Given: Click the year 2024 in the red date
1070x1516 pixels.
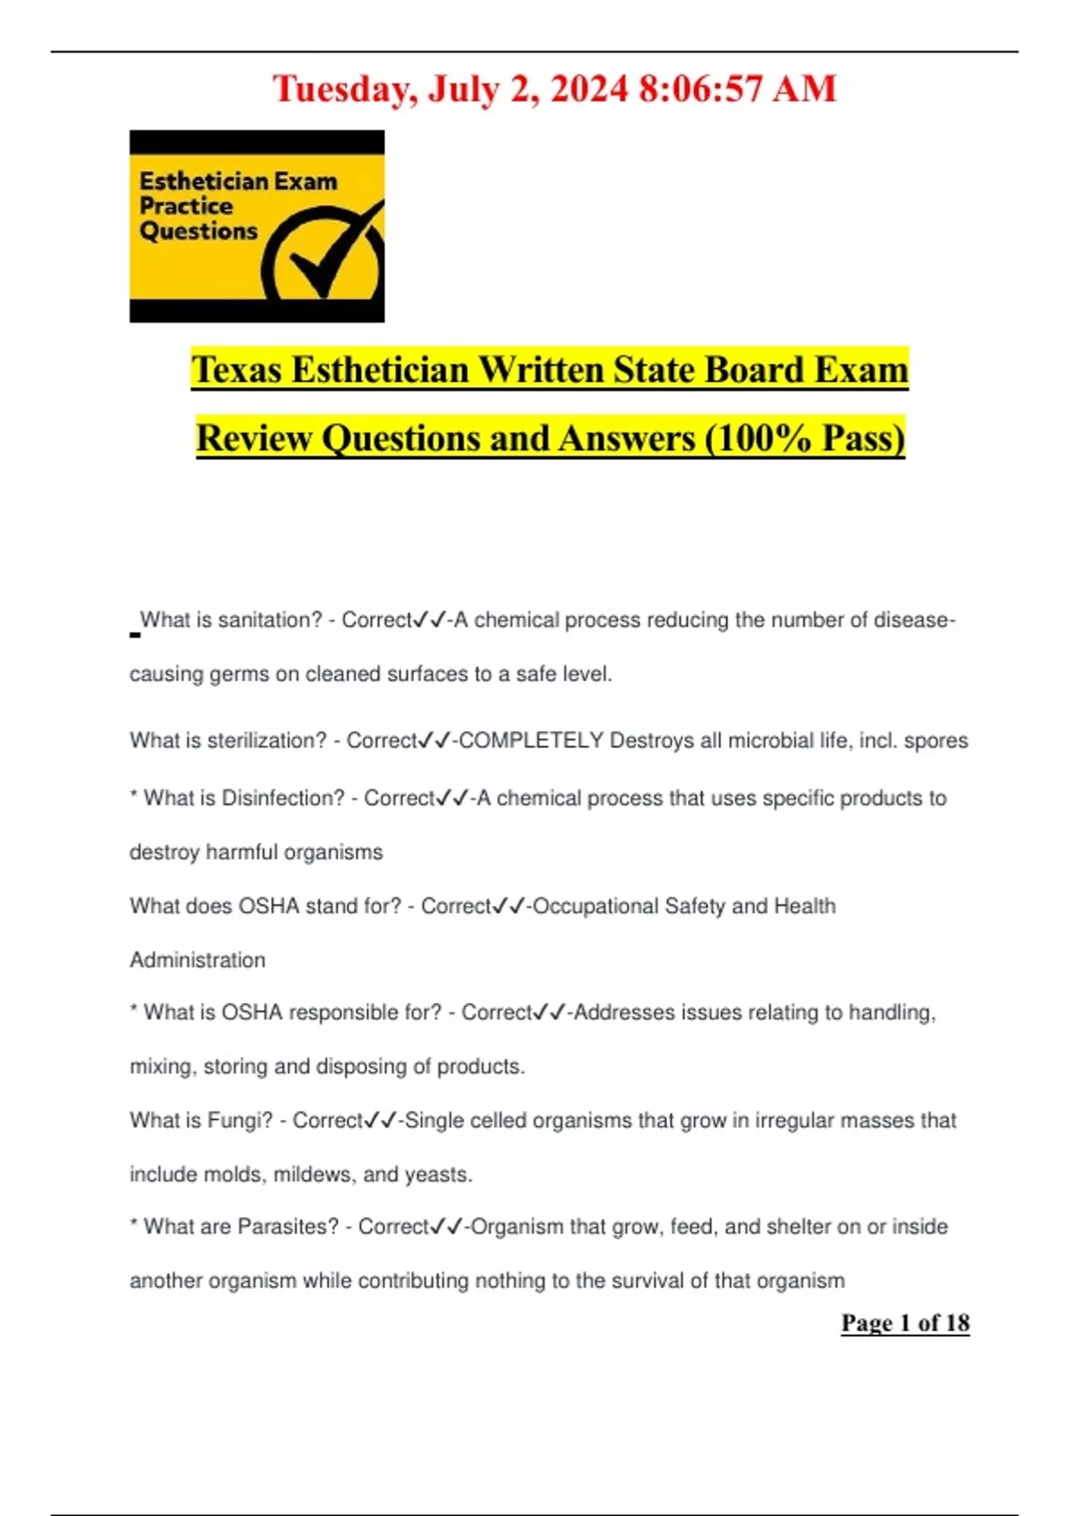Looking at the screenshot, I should (x=589, y=88).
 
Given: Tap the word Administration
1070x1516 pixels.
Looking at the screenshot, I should (x=198, y=960).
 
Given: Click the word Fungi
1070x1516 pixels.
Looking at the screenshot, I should (x=240, y=1120).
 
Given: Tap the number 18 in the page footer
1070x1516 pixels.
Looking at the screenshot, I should (x=957, y=1322).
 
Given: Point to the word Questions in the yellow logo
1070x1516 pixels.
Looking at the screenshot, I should (x=198, y=231).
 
